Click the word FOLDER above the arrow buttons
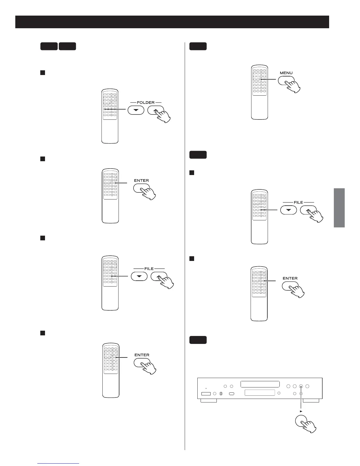146,102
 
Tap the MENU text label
286,73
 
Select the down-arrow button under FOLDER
136,110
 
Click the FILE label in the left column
149,269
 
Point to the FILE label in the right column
298,202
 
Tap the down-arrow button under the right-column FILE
288,210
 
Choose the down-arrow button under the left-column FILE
139,277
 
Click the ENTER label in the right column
290,278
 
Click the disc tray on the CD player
260,384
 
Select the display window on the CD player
259,393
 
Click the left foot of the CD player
209,401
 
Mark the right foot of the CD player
311,401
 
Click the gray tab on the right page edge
339,208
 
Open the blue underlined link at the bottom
59,463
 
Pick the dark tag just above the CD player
198,340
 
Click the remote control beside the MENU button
259,92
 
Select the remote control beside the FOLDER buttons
110,116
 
